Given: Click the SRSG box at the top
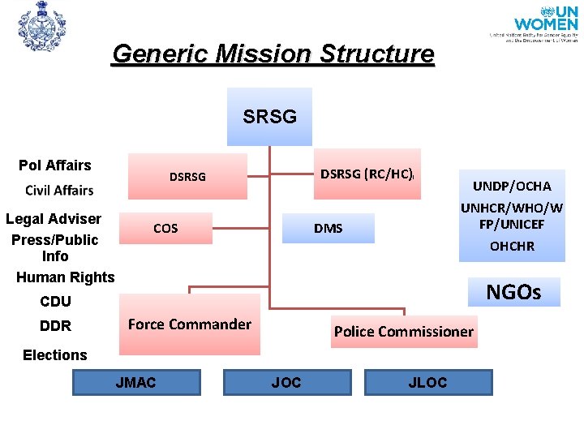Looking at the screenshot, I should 269,117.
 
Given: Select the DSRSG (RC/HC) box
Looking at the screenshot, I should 369,174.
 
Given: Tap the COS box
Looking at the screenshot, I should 165,228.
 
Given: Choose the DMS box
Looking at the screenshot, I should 328,228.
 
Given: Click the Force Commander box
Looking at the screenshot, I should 190,325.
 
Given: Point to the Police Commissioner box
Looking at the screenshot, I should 403,331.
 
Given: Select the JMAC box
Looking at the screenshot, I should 136,382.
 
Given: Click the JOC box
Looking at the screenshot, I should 286,382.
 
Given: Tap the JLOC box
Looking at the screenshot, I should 427,382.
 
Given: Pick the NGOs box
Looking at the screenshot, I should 513,292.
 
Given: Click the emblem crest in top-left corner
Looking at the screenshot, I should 41,27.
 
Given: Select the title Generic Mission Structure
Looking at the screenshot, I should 273,54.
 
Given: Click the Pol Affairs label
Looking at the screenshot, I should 55,165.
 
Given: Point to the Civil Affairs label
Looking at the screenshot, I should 59,191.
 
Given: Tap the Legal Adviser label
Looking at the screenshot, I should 54,219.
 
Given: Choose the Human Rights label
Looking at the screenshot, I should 66,277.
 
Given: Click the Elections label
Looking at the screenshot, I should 55,355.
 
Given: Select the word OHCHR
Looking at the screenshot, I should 512,247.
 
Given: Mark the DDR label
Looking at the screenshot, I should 56,326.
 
